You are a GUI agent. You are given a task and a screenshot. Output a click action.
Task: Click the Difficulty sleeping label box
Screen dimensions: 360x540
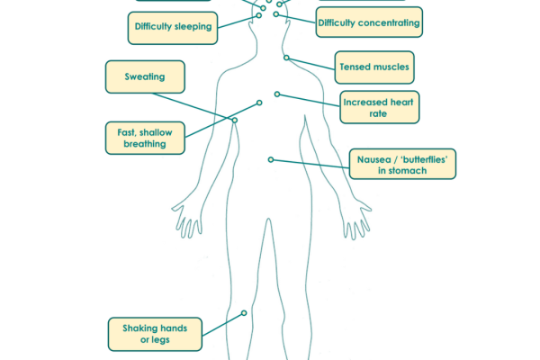[173, 27]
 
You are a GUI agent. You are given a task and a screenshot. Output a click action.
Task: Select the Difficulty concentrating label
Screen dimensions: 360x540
[368, 22]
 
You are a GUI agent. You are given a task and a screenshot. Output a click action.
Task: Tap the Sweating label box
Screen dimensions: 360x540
[144, 77]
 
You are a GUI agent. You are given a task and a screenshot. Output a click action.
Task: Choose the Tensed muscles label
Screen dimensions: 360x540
[373, 67]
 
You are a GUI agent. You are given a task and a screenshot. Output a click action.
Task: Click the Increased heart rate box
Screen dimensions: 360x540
[378, 108]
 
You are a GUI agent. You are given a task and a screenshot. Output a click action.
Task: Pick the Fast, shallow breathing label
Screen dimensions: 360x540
[144, 138]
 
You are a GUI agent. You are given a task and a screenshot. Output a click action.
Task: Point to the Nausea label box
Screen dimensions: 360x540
[400, 163]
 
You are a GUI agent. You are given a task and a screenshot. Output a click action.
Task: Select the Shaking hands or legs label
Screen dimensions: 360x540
[154, 333]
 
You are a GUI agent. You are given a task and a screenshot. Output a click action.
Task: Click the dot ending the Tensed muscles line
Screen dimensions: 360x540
[286, 58]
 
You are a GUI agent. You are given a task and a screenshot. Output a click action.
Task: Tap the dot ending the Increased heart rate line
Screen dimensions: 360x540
[277, 94]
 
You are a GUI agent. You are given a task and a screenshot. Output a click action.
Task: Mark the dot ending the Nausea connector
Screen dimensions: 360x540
[269, 159]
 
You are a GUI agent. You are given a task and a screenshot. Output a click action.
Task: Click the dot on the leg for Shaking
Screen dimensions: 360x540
[244, 314]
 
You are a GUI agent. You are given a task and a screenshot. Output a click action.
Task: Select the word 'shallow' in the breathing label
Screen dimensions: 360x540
[158, 132]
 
